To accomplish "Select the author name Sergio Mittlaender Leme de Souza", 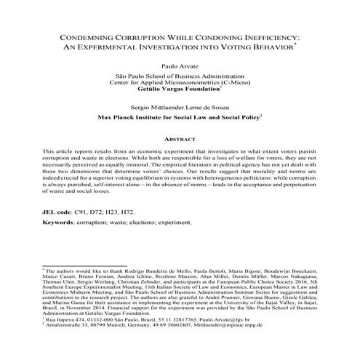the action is point(180,106).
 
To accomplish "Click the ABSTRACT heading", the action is point(180,137).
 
